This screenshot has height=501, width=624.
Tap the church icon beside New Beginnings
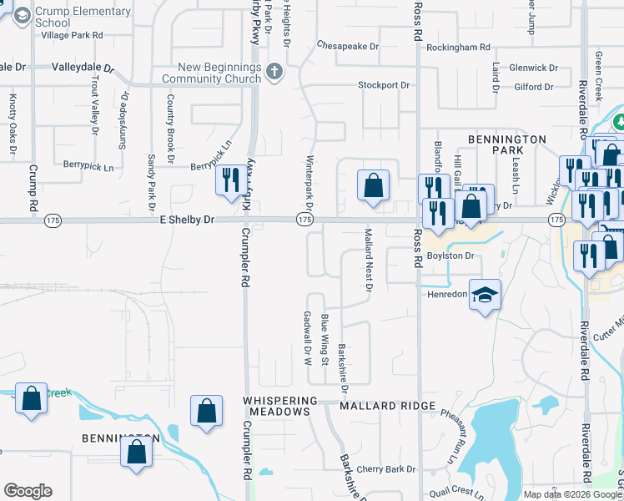[273, 72]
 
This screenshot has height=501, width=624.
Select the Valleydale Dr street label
[81, 66]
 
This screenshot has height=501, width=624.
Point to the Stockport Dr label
[384, 85]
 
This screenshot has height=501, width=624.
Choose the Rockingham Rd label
[458, 48]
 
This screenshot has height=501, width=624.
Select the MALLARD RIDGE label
[387, 406]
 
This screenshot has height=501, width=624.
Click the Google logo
[28, 491]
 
